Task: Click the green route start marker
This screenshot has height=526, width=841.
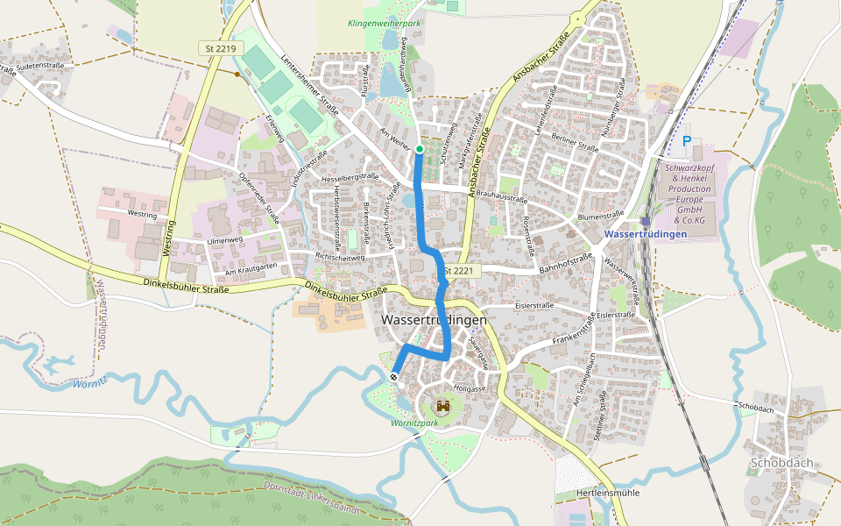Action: (420, 150)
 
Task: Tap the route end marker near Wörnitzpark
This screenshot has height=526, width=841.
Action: (393, 376)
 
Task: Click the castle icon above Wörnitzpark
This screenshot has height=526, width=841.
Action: (443, 406)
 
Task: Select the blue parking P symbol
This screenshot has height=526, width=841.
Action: (687, 140)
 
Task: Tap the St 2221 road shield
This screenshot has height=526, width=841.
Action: (458, 272)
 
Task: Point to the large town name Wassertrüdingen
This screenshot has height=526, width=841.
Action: (434, 321)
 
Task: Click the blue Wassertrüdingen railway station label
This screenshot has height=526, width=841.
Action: (645, 234)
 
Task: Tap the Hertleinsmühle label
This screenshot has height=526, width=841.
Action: (608, 493)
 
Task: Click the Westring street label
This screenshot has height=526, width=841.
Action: (142, 213)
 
